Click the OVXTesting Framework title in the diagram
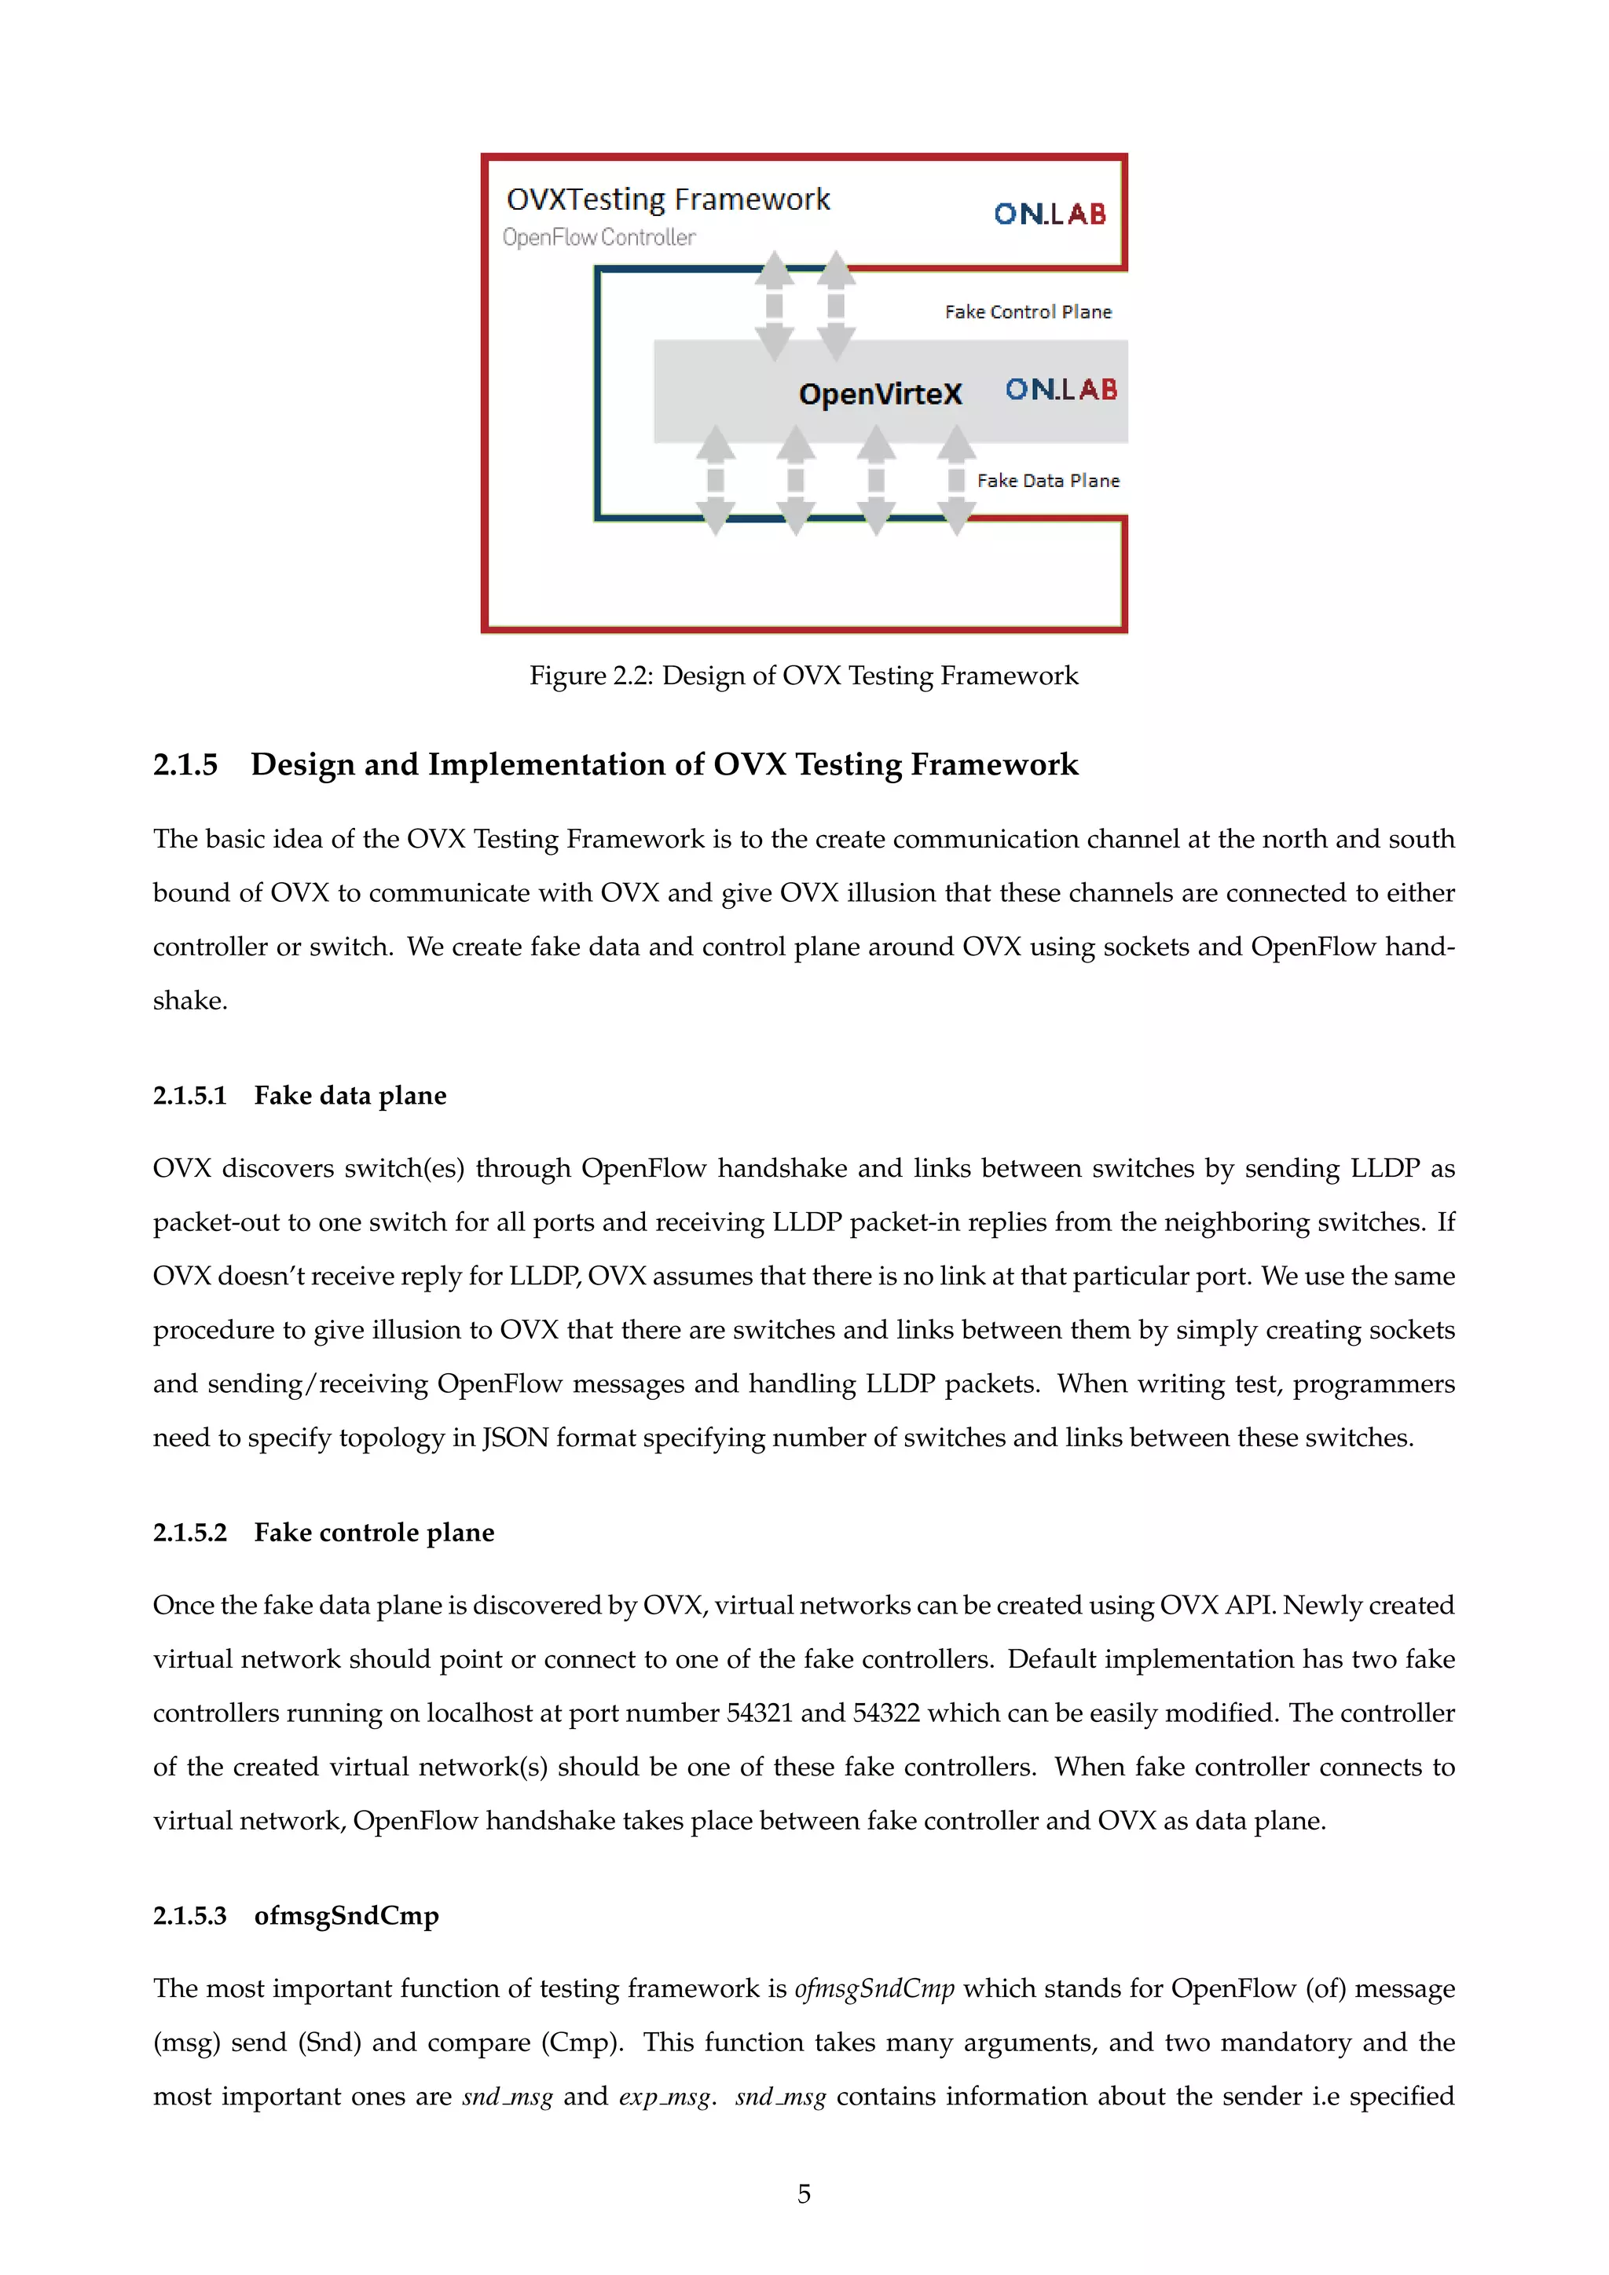pos(668,200)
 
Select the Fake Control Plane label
pos(1028,312)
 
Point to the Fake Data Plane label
pos(1047,481)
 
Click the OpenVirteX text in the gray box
pos(880,394)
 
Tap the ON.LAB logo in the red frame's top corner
pos(1049,214)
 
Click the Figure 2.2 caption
pos(804,676)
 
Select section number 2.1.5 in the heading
pos(185,765)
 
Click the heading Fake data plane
pos(350,1095)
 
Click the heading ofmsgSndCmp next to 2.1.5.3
pos(346,1915)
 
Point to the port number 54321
pos(759,1713)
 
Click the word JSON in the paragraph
pos(515,1438)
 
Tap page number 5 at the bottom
pos(804,2194)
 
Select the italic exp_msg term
pos(664,2097)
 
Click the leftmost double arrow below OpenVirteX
pos(716,481)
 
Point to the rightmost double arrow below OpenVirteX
pos(956,481)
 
